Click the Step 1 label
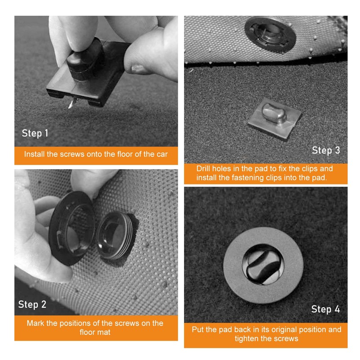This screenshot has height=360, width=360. (35, 133)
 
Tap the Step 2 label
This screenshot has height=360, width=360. (32, 305)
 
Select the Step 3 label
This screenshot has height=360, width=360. (326, 150)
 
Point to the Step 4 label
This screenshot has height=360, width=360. (325, 309)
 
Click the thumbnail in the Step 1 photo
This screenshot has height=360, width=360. (137, 68)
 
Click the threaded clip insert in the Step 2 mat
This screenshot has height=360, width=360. (114, 237)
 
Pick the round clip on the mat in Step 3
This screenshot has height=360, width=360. (270, 35)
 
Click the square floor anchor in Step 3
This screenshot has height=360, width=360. (275, 118)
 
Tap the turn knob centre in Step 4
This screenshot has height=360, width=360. (263, 265)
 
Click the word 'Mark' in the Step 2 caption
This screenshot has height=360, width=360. (36, 323)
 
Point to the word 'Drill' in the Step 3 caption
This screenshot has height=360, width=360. (203, 168)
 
